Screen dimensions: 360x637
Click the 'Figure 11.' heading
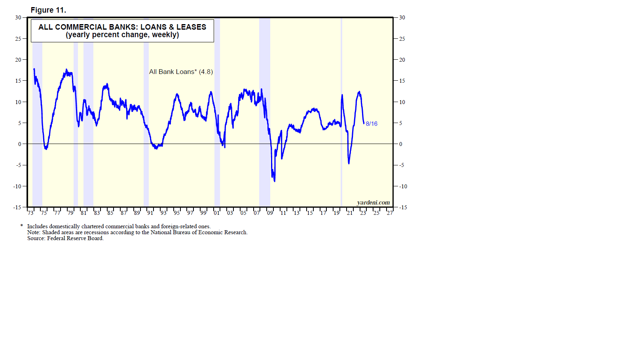coord(48,10)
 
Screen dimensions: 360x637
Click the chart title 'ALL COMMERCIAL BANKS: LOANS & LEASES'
coord(122,27)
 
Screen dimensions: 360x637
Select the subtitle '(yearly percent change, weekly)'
coord(122,35)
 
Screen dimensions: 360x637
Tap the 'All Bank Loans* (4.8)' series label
coord(181,72)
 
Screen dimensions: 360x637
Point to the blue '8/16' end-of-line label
coord(372,124)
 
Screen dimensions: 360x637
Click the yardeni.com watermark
coord(373,203)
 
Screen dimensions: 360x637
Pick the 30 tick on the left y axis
coord(18,17)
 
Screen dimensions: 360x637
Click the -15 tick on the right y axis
coord(403,207)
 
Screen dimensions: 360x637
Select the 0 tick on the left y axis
coord(20,144)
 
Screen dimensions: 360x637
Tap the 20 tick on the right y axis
coord(402,60)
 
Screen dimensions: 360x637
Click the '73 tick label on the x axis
coord(30,213)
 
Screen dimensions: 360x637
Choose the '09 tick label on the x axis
coord(270,213)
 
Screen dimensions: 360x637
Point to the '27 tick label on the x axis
coord(390,213)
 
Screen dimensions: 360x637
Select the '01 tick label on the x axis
coord(216,213)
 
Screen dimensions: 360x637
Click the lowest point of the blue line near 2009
coord(275,181)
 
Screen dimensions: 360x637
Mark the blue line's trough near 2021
coord(349,163)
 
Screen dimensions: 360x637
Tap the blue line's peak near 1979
coord(66,70)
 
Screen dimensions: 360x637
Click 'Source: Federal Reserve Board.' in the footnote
coord(65,238)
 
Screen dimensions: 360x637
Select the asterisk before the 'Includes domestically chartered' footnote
coord(22,226)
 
